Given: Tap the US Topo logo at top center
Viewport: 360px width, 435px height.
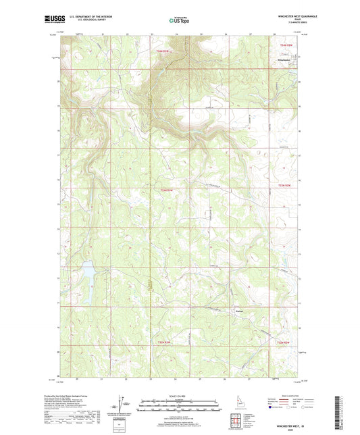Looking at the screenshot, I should coord(179,20).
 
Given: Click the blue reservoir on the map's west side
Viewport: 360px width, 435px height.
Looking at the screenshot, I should coord(86,282).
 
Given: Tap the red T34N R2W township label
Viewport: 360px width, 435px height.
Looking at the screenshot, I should coord(159,51).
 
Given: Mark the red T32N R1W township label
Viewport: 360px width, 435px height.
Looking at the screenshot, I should coord(284,342).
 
